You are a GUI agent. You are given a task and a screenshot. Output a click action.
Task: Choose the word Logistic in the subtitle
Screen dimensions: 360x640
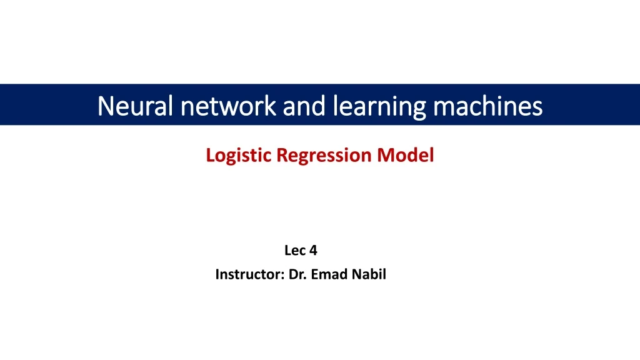coord(239,155)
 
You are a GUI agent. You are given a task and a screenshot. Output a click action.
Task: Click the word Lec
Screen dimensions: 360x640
coord(294,251)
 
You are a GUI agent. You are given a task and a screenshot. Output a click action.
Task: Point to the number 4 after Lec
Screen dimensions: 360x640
coord(314,251)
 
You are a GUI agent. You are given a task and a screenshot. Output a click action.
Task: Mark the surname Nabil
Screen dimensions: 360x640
coord(369,274)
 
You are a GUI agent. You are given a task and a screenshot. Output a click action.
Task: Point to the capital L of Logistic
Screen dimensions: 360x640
coord(210,154)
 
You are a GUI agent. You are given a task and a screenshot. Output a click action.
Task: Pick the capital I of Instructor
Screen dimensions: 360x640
coord(217,274)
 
